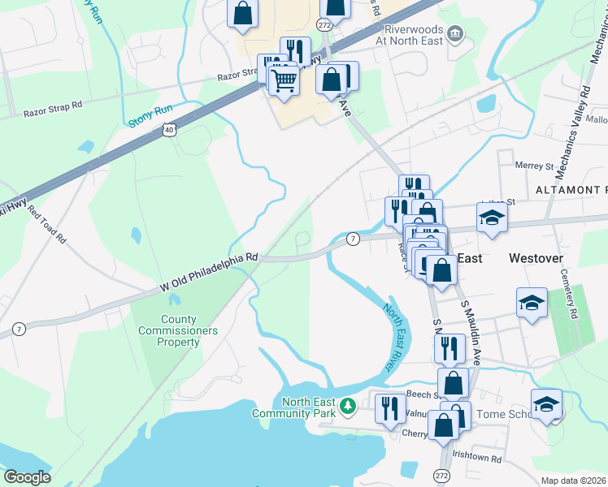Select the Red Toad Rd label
point(47,224)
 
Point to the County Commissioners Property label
point(178,331)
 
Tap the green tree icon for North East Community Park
point(348,404)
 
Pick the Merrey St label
point(534,166)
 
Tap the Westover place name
point(536,258)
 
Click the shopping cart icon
point(284,80)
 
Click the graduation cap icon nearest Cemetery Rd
point(532,304)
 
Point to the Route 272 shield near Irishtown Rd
point(441,474)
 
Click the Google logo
point(27,477)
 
